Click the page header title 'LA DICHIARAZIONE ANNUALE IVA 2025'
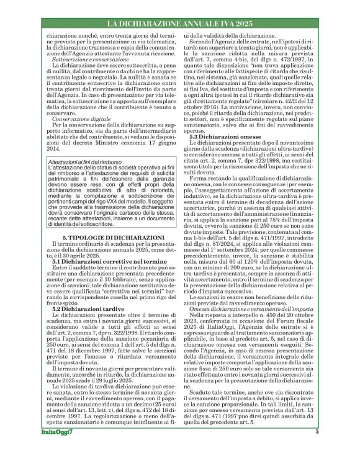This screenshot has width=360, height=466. tap(179, 24)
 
